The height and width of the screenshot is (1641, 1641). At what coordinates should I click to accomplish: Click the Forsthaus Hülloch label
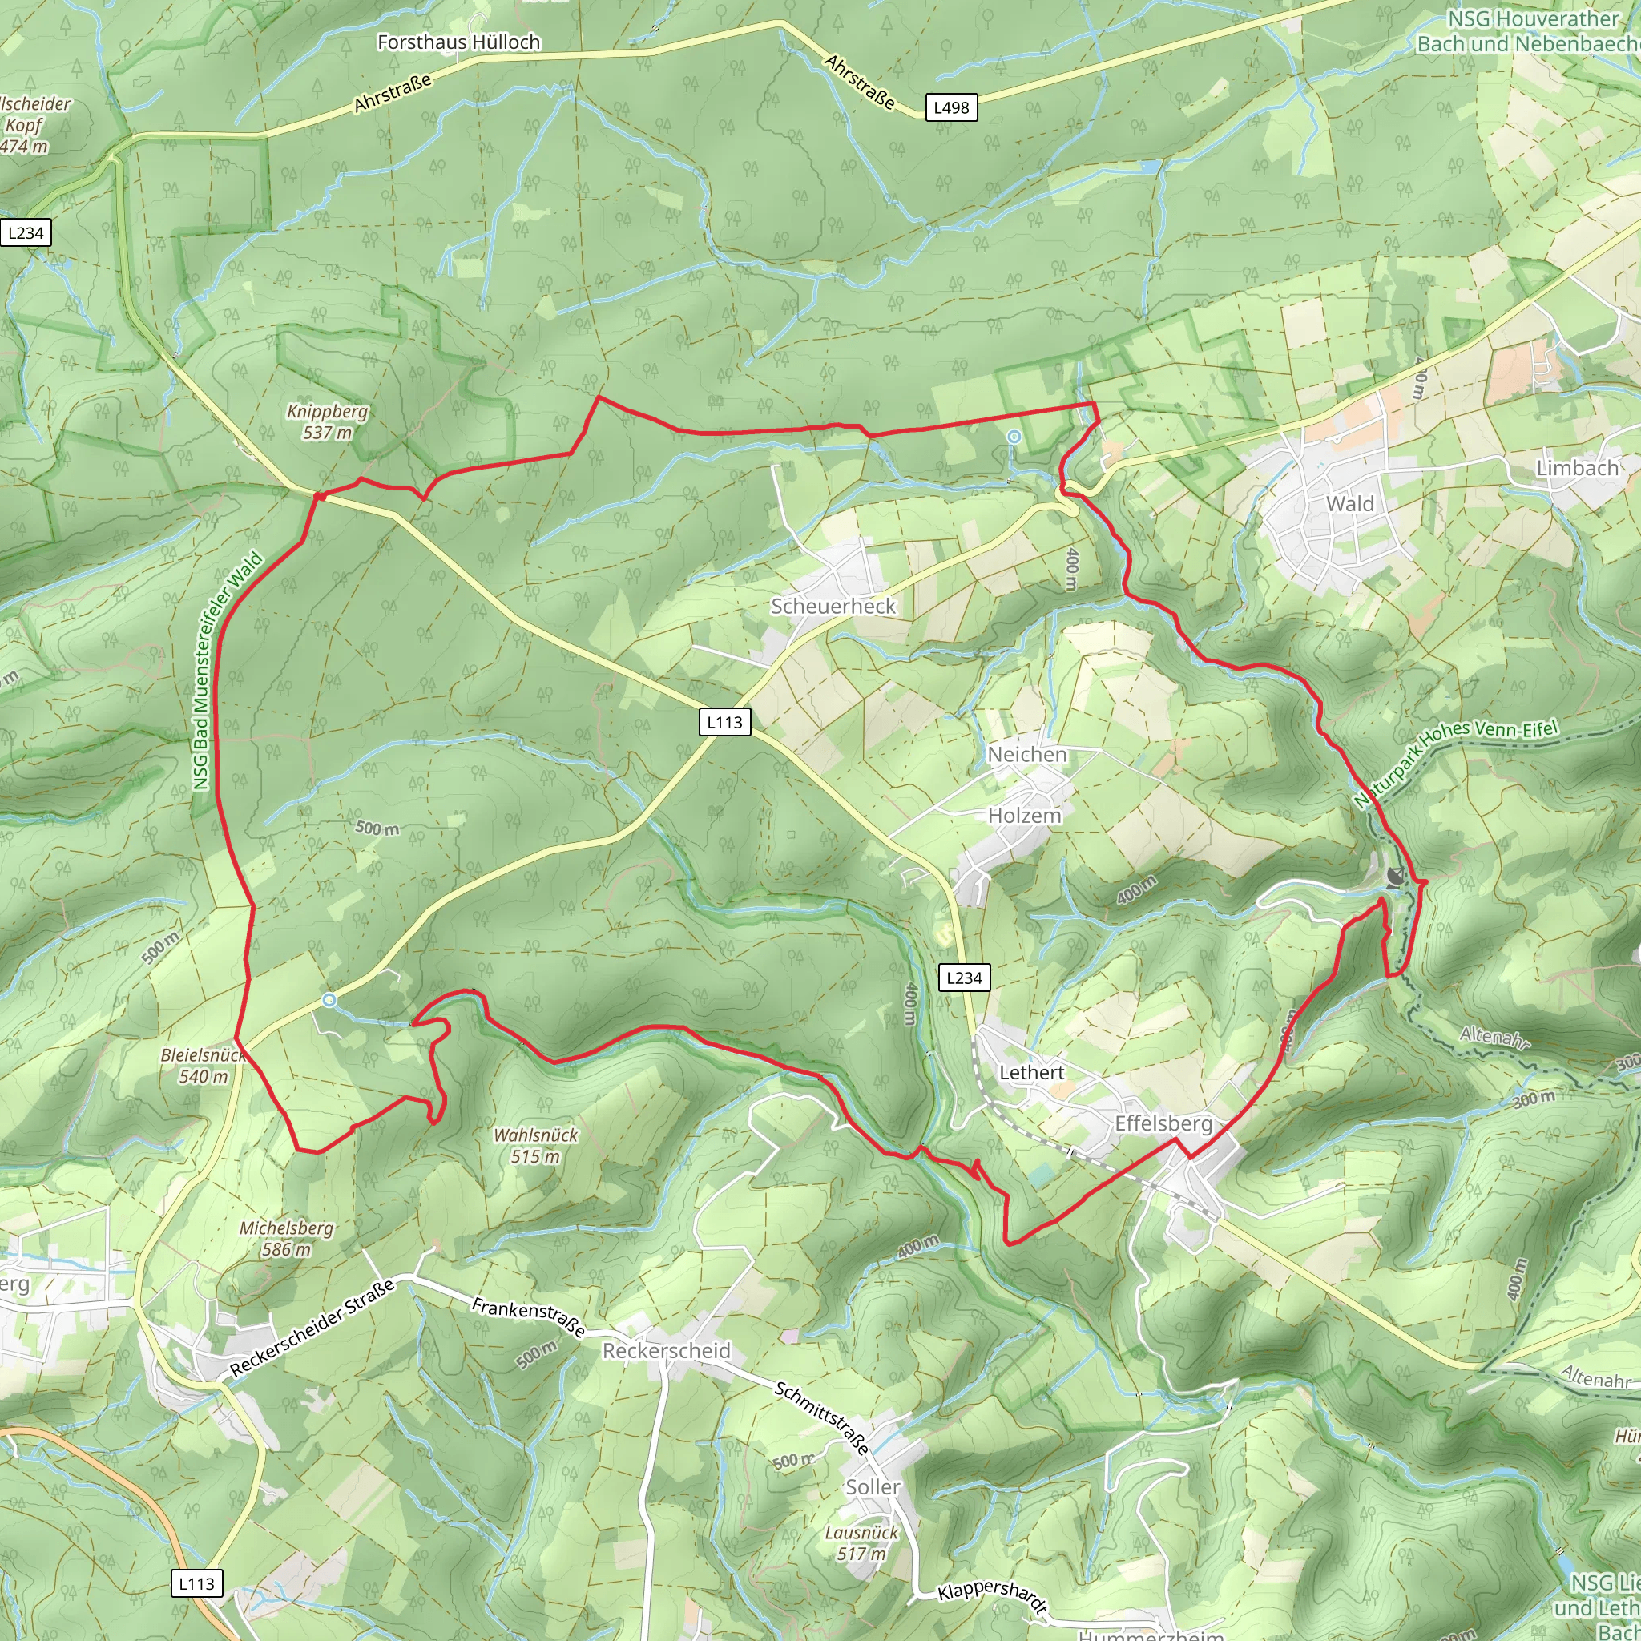tap(458, 42)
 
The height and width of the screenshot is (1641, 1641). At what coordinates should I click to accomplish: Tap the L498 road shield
tap(951, 108)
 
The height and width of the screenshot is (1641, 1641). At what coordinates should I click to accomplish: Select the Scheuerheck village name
tap(833, 607)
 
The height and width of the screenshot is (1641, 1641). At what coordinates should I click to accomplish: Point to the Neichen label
tap(1027, 754)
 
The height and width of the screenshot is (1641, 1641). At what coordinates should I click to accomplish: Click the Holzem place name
tap(1024, 816)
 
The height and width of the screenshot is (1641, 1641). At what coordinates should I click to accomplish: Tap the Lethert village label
tap(1031, 1073)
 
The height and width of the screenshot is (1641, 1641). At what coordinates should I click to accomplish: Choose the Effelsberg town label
tap(1163, 1123)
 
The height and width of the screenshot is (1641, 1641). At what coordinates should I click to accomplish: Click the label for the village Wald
tap(1349, 504)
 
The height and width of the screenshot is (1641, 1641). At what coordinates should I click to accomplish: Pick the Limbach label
tap(1577, 468)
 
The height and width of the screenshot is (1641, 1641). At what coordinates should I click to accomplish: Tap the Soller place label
tap(873, 1487)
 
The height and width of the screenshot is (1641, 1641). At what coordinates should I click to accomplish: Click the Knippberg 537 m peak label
tap(327, 422)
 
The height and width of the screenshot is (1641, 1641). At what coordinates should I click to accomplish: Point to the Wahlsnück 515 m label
tap(535, 1146)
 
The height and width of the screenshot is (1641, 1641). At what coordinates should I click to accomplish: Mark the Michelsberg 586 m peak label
tap(286, 1239)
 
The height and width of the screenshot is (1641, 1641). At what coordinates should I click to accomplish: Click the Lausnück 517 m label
tap(861, 1543)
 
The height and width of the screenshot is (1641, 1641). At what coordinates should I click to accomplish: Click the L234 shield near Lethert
tap(964, 978)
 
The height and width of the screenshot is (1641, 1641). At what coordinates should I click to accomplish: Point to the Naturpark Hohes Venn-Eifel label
tap(1456, 763)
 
